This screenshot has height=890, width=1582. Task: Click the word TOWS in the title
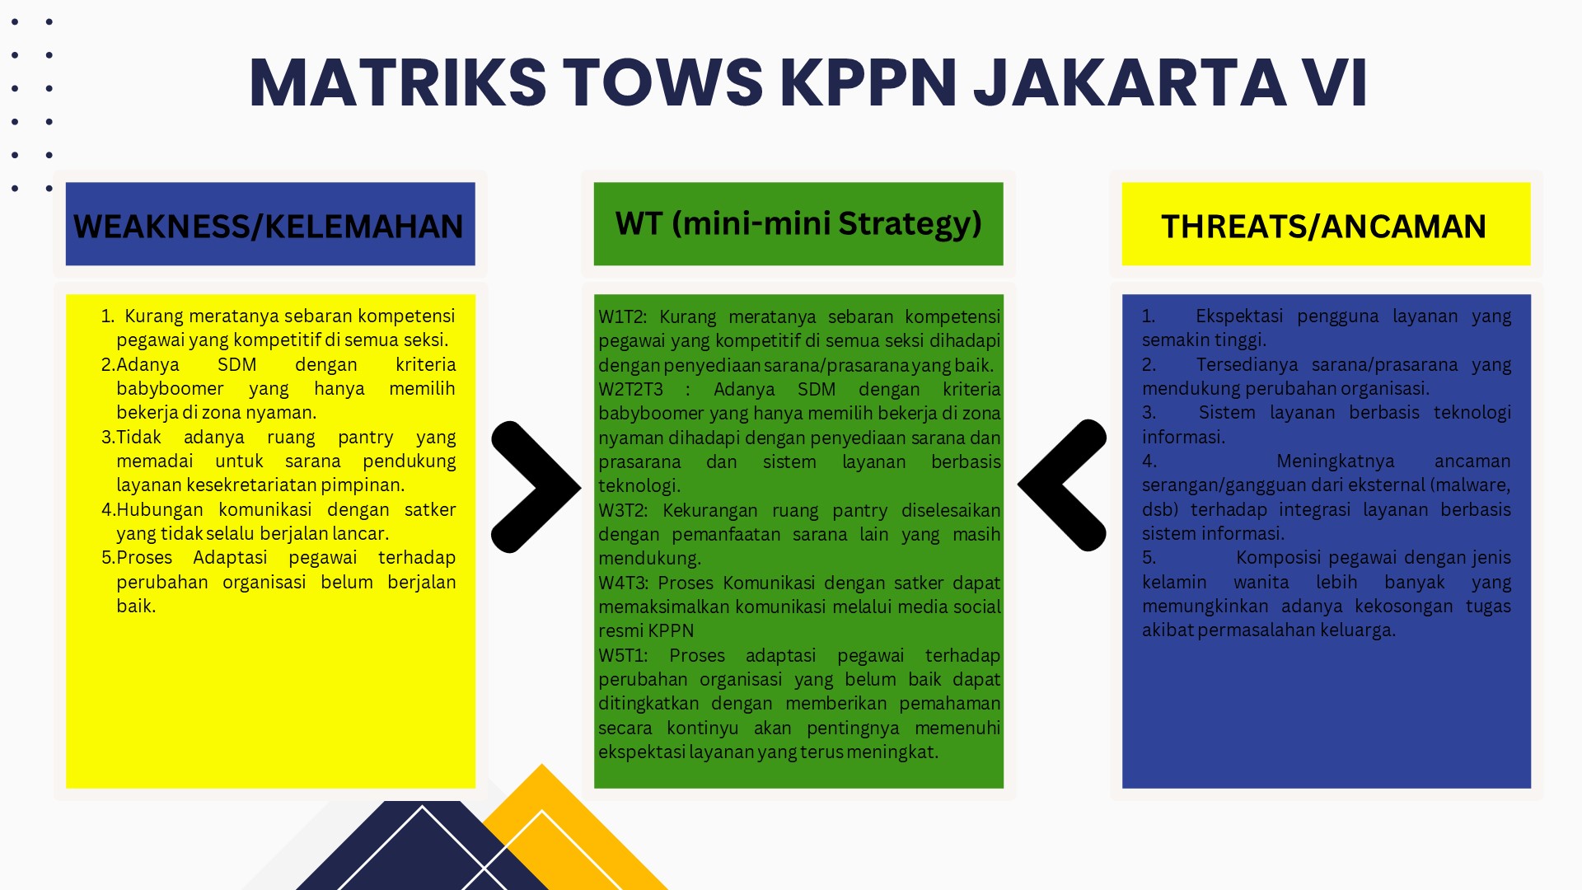tap(663, 82)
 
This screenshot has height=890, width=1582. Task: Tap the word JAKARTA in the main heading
tap(1130, 82)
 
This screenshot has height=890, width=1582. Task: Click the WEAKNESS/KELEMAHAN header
tap(269, 227)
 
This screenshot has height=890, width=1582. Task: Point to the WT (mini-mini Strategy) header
tap(798, 223)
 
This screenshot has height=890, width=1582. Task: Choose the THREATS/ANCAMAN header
tap(1323, 227)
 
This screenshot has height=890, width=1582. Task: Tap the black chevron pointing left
tap(1062, 485)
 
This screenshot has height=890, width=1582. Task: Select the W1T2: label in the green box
tap(623, 317)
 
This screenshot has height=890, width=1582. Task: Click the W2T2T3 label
tap(630, 390)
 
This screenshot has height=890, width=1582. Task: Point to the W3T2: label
tap(624, 511)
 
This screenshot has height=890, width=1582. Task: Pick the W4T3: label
tap(624, 583)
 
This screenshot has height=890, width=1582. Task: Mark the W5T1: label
tap(623, 656)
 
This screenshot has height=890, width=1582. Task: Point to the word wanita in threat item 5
tap(1261, 583)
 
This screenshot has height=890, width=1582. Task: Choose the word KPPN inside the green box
tap(672, 631)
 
